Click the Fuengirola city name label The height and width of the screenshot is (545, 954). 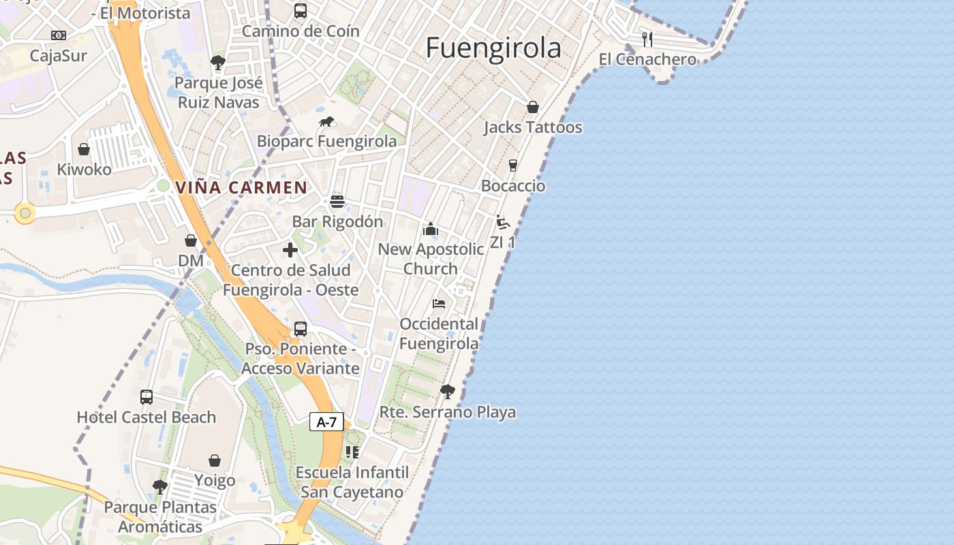tap(493, 48)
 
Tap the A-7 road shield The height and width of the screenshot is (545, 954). tap(326, 422)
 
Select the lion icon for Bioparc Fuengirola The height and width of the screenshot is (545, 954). tap(326, 122)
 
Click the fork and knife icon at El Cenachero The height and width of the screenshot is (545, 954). tap(647, 39)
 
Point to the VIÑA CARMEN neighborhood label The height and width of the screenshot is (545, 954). tap(241, 187)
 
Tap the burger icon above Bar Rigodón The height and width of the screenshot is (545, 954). tap(337, 202)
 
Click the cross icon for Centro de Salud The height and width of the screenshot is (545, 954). tap(290, 250)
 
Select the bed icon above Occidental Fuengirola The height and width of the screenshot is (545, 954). tap(439, 303)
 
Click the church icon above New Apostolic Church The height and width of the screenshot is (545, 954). tap(431, 229)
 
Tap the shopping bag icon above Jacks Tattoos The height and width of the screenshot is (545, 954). tap(532, 107)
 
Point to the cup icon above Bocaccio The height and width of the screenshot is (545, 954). tap(512, 166)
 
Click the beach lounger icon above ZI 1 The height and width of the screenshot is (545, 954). tap(503, 222)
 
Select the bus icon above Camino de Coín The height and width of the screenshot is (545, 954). tap(300, 11)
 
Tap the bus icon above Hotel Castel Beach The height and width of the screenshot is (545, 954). tap(146, 396)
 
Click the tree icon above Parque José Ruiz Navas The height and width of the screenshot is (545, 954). tap(218, 63)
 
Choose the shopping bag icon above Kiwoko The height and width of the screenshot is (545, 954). tap(84, 149)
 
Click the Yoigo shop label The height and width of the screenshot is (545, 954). tap(215, 480)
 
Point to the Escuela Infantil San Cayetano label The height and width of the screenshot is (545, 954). tap(352, 482)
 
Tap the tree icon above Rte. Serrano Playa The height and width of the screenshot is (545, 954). tap(447, 392)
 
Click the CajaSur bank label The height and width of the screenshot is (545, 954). tap(59, 56)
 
